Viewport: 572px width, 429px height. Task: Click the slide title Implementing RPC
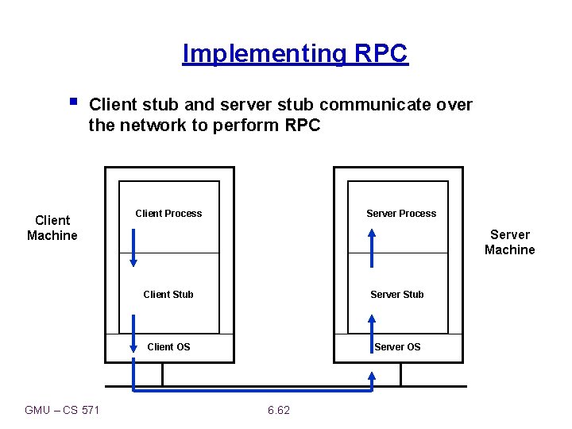pyautogui.click(x=295, y=53)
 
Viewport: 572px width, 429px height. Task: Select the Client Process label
pyautogui.click(x=168, y=213)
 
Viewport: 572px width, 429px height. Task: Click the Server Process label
pyautogui.click(x=401, y=213)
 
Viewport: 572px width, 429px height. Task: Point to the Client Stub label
pyautogui.click(x=168, y=294)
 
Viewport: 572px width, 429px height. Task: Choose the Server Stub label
pyautogui.click(x=397, y=294)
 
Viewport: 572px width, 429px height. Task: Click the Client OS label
pyautogui.click(x=169, y=346)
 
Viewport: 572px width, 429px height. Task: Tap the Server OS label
pyautogui.click(x=397, y=346)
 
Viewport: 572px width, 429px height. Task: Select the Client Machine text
pyautogui.click(x=52, y=228)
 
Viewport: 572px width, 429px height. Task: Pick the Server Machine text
pyautogui.click(x=509, y=242)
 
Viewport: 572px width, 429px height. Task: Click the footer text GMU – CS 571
pyautogui.click(x=63, y=410)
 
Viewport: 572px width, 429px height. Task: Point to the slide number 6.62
pyautogui.click(x=279, y=410)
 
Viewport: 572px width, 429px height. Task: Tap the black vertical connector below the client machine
pyautogui.click(x=162, y=374)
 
